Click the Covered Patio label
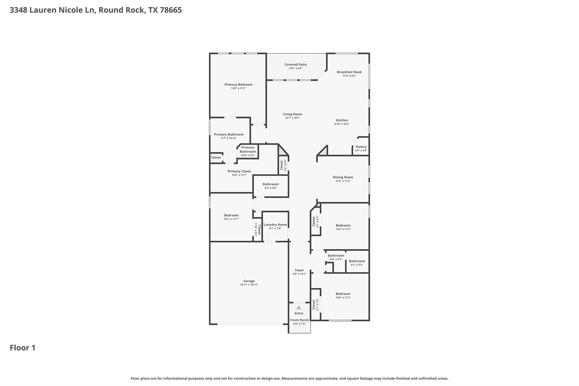(x=295, y=64)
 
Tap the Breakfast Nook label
(x=349, y=72)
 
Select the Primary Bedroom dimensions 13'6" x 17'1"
(x=238, y=88)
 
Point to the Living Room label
(x=292, y=114)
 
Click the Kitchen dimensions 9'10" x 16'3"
(x=342, y=124)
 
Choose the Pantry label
(x=361, y=147)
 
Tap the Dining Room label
(x=343, y=177)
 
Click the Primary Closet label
(x=239, y=171)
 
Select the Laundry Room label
(x=275, y=225)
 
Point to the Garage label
(x=249, y=281)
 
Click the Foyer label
(x=299, y=270)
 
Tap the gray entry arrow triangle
(x=299, y=308)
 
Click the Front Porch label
(x=299, y=320)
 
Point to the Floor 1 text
(x=23, y=348)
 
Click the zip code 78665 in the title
(x=171, y=10)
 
